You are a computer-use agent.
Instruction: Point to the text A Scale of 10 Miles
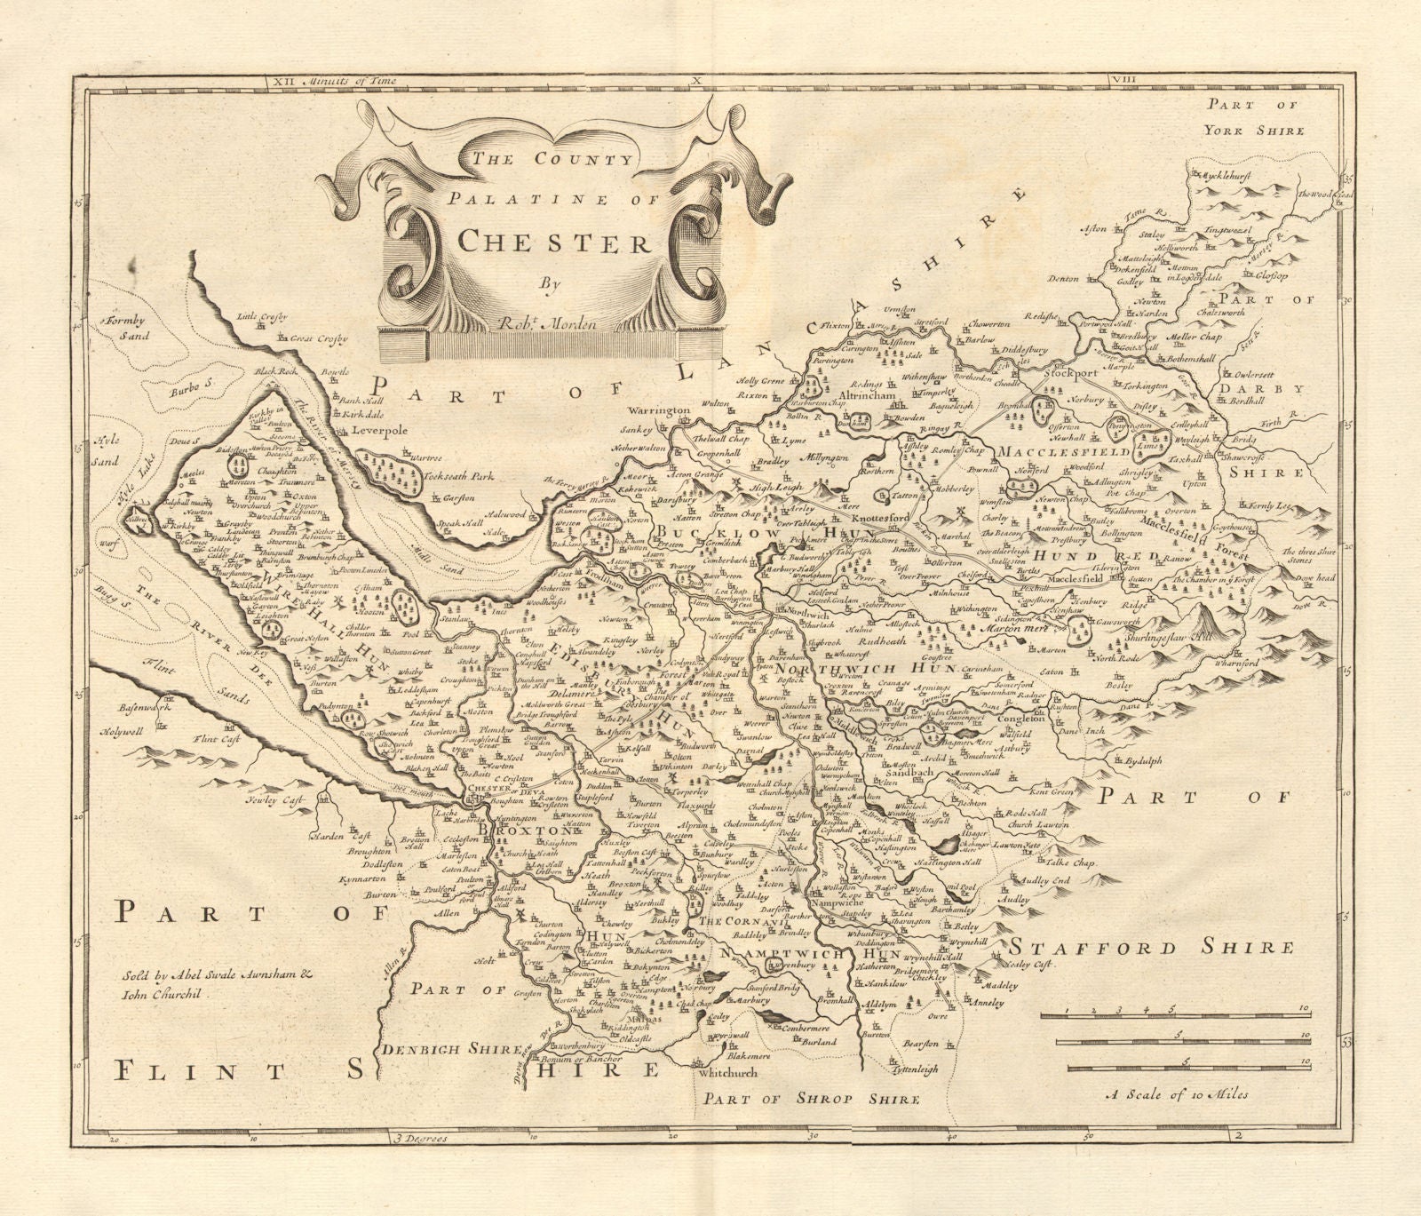pos(1177,1093)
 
